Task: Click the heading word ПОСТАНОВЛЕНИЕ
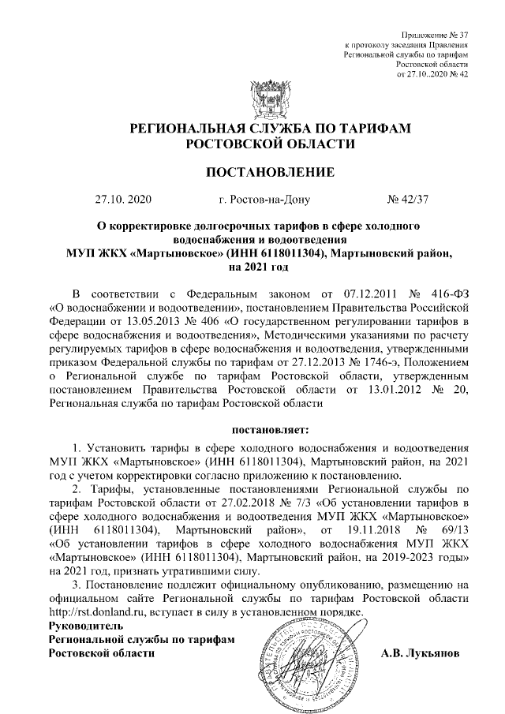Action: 260,172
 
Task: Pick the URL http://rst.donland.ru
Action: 98,612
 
